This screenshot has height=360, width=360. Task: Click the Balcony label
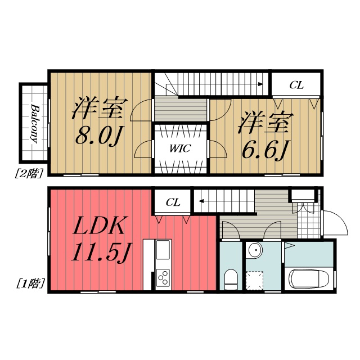coord(34,124)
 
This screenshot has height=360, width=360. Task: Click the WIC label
coord(181,148)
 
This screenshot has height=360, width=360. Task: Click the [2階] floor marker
coord(28,174)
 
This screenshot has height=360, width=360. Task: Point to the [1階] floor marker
coord(28,283)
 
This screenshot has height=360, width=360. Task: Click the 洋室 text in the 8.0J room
coord(97,109)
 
